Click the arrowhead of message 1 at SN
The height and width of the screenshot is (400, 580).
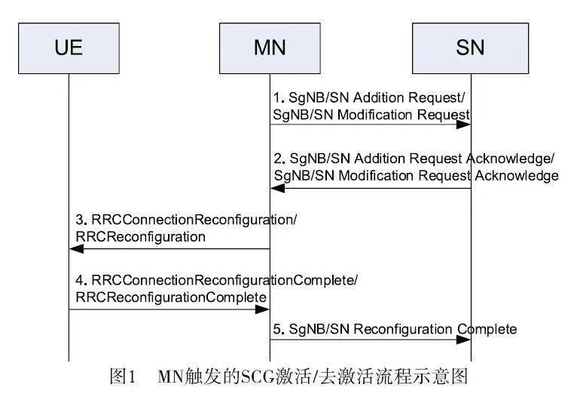466,125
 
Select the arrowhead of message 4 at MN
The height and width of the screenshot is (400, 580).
264,309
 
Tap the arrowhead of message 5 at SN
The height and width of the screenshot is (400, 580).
466,341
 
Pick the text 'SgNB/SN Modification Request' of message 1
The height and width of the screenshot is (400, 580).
371,113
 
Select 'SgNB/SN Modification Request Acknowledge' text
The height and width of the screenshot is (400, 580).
415,175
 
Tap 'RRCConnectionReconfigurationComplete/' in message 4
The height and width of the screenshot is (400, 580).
216,281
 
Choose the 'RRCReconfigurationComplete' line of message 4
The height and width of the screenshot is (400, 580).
170,297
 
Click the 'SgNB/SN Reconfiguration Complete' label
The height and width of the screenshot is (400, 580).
394,329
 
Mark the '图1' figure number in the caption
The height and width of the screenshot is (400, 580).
122,376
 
